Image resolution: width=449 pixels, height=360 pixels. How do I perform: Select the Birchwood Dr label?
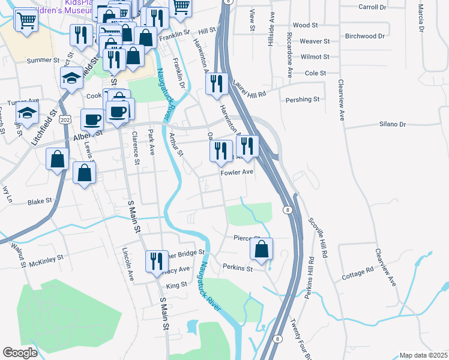pos(364,36)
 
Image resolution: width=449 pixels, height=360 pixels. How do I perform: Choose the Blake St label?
pos(40,202)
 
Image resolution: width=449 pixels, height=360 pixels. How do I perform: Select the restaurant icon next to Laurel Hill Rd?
pos(217,83)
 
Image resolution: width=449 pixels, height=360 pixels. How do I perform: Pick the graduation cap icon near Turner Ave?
pos(26,112)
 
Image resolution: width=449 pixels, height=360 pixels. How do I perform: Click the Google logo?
pos(20,353)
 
